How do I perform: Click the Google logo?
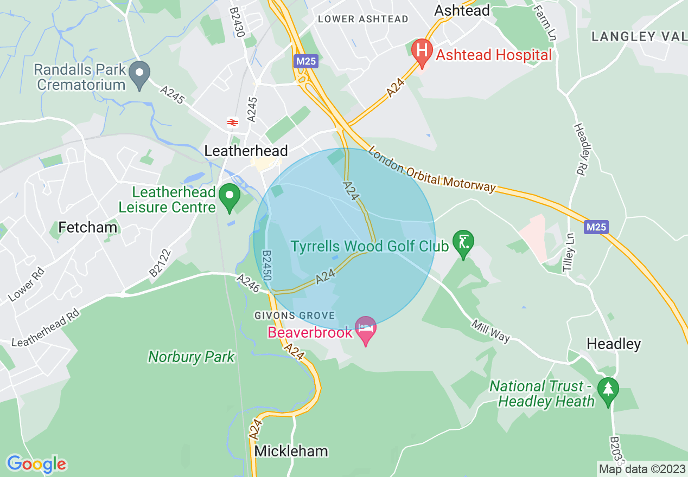click(36, 464)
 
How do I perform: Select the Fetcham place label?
click(88, 227)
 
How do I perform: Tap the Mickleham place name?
click(291, 451)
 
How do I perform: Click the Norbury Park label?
click(192, 357)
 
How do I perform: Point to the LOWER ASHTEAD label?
click(363, 19)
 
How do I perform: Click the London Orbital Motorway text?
click(432, 169)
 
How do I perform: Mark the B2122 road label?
click(161, 263)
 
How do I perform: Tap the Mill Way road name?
click(491, 331)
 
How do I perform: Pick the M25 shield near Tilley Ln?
click(596, 227)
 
